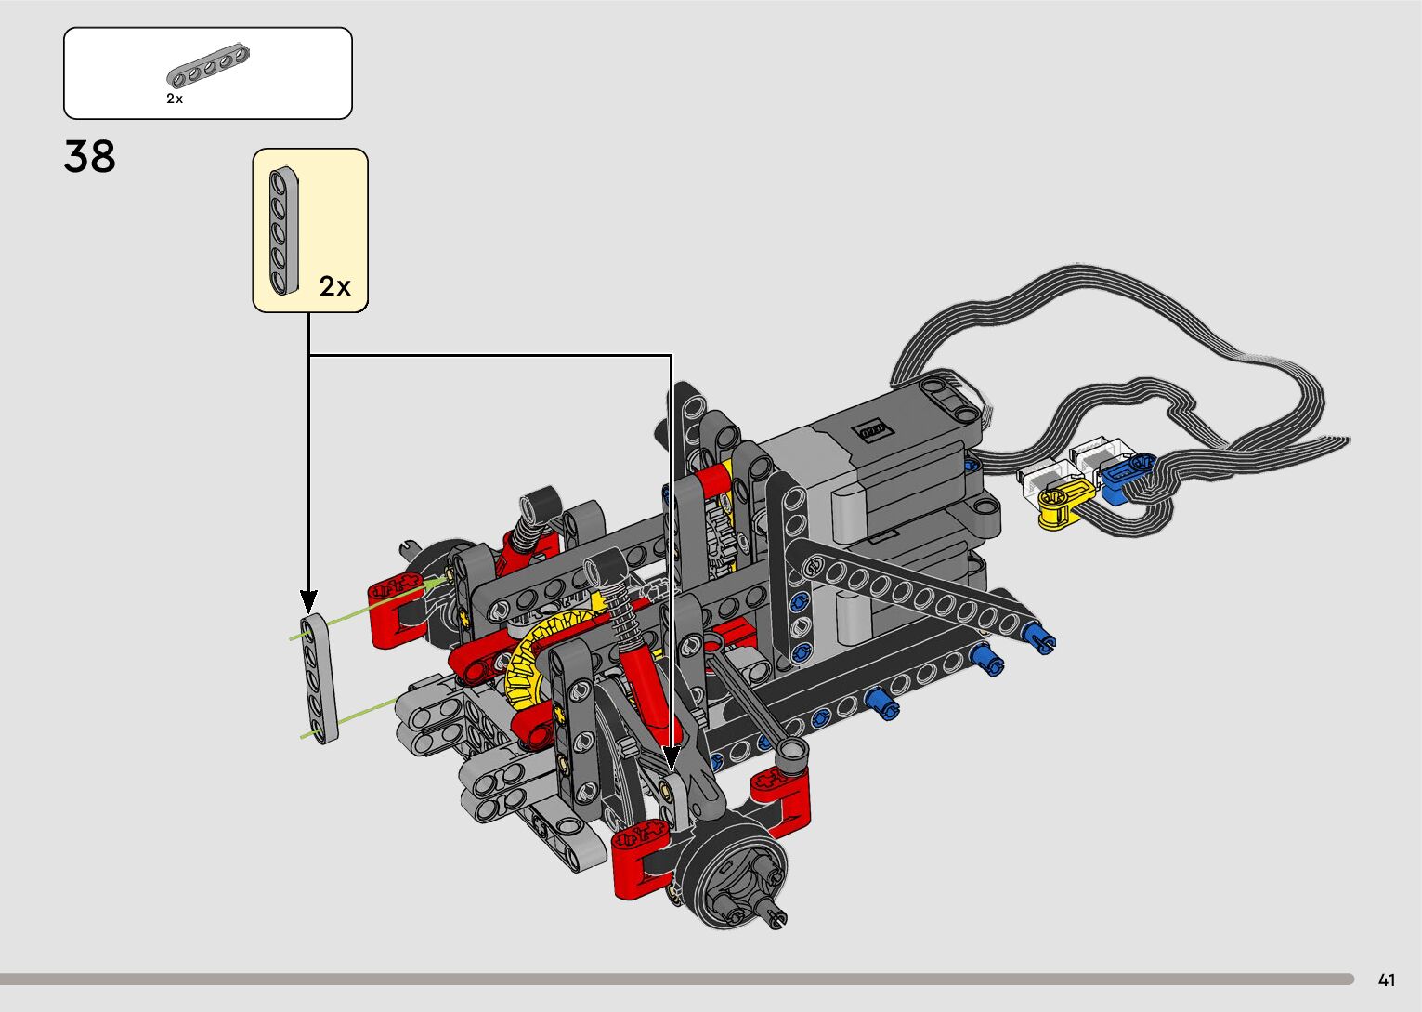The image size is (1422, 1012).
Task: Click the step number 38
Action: [x=89, y=157]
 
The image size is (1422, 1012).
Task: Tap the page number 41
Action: [x=1387, y=980]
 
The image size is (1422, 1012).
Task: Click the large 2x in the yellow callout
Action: [x=334, y=286]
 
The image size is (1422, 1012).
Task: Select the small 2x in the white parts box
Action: [x=175, y=99]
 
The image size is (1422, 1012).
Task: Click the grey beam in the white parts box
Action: [x=208, y=65]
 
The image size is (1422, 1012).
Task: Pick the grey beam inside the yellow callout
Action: [x=283, y=231]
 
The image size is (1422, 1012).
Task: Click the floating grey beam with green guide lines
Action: [x=320, y=678]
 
